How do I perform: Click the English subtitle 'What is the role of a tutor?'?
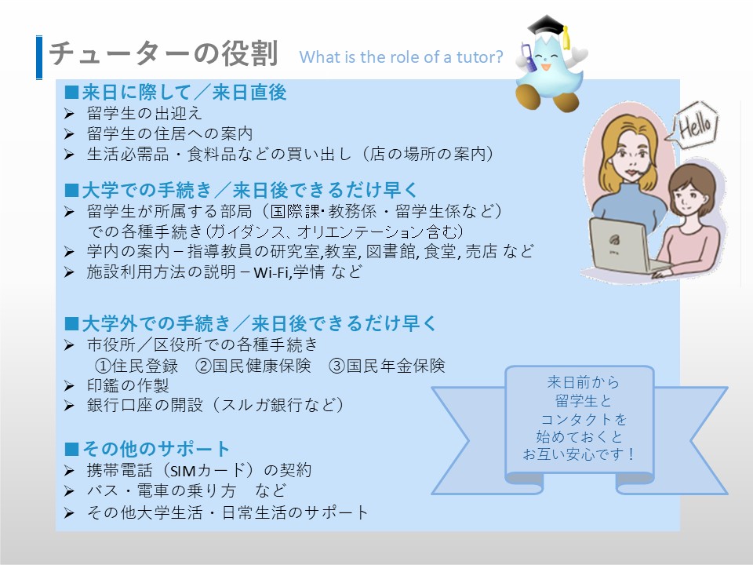point(401,57)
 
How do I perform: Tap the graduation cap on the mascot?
point(549,28)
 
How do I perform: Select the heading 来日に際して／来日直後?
point(184,93)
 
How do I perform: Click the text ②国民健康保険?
point(253,366)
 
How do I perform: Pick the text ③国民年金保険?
point(387,366)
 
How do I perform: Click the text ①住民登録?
point(136,366)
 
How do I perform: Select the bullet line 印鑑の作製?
point(128,385)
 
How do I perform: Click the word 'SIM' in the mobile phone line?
point(184,471)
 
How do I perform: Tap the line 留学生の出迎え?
point(144,113)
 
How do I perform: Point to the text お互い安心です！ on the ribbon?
point(578,454)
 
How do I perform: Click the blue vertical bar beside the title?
point(39,57)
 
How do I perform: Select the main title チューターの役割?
point(163,53)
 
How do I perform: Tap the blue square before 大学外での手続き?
point(71,324)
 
